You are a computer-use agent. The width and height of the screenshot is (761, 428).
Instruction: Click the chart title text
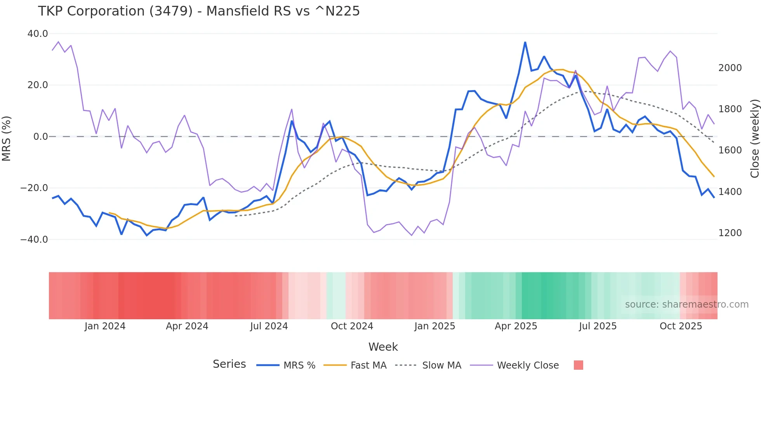[199, 11]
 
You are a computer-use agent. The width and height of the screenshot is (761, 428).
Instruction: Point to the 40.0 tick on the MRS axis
[38, 34]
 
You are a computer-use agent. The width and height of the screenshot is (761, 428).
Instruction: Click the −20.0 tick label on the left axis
[34, 188]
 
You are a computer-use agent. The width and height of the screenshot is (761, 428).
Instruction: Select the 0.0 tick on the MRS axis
[40, 137]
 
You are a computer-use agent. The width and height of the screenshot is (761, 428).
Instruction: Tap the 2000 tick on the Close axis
[730, 68]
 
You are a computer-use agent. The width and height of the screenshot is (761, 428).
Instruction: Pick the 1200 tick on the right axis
[730, 233]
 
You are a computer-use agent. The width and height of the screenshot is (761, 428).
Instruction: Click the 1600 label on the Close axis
[730, 150]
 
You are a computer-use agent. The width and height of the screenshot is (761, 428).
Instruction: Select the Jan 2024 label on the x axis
[105, 326]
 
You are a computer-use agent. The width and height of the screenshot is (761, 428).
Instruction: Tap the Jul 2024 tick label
[269, 326]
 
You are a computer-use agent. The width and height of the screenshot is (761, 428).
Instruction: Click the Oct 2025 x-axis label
[681, 326]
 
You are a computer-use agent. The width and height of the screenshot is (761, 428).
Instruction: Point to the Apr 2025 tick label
[516, 326]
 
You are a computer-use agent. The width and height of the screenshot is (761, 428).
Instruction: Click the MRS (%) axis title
[7, 138]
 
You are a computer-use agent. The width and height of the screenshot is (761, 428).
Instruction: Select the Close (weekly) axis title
[754, 139]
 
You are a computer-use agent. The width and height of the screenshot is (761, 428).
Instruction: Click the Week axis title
[383, 347]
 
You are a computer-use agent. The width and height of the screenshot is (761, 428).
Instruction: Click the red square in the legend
[578, 365]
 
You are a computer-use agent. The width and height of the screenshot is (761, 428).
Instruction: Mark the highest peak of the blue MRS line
[525, 42]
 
